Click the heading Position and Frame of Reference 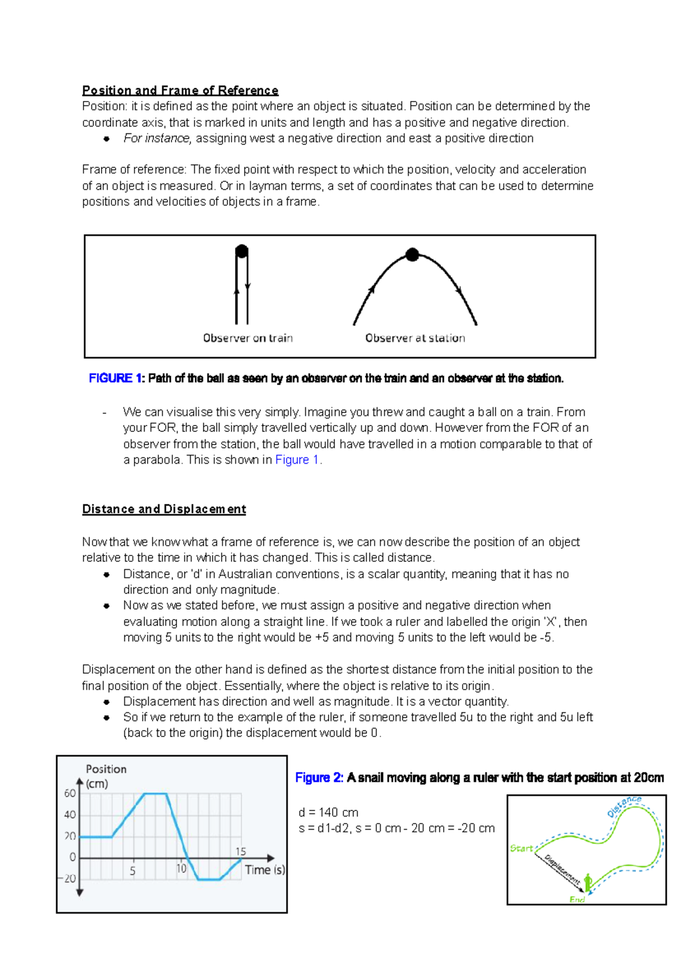tap(180, 90)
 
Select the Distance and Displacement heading tap(164, 509)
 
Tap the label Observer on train tap(248, 338)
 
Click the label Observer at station tap(415, 338)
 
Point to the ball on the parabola tap(413, 255)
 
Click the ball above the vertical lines tap(242, 251)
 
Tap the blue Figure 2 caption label tap(318, 778)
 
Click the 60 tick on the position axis tap(70, 793)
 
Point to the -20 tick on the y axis tap(68, 879)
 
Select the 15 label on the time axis tap(241, 852)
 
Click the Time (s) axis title tap(264, 870)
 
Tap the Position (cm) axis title tap(106, 776)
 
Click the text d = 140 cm tap(329, 813)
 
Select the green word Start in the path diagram tap(521, 848)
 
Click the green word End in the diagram tap(577, 899)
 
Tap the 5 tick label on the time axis tap(133, 871)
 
